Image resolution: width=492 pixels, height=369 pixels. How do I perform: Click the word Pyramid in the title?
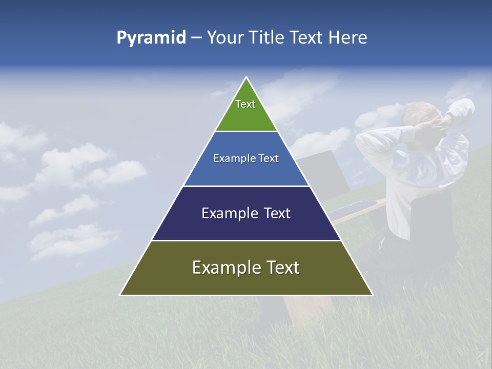(x=151, y=38)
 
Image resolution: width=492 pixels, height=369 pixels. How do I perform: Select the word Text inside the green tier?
(x=245, y=104)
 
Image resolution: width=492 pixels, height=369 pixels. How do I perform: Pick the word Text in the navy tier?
(x=277, y=213)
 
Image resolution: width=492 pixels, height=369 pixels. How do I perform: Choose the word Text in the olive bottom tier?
(x=282, y=268)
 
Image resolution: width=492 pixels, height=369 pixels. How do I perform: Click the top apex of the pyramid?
(x=247, y=77)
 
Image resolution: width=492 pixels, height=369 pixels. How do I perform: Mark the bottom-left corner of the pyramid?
(x=120, y=295)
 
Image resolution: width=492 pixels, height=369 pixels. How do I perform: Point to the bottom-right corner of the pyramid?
(x=373, y=295)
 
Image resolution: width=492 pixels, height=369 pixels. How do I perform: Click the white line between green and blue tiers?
(x=247, y=132)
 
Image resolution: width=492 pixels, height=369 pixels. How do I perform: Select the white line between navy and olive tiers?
(x=247, y=240)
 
